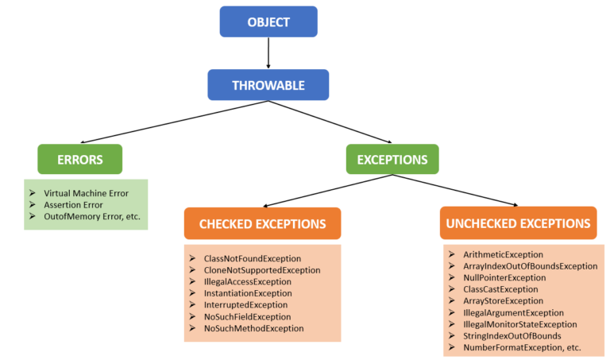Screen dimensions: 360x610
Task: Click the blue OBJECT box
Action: pos(268,21)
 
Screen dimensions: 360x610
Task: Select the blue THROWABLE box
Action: pos(268,85)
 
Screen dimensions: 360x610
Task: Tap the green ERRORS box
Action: pos(79,159)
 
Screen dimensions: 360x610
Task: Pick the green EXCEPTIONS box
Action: pos(392,159)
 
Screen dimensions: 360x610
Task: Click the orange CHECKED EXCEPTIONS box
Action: pos(262,224)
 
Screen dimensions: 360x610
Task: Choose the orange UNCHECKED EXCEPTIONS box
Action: pos(518,224)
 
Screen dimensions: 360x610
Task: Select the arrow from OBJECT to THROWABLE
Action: pos(268,53)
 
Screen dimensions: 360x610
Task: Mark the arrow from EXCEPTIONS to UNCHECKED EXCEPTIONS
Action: pos(457,191)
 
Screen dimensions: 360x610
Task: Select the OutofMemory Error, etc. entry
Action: pos(95,216)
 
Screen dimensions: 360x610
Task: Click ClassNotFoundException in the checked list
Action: pos(253,258)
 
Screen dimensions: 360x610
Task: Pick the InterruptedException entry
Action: pos(245,304)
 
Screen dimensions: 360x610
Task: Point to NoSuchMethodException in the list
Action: pos(253,327)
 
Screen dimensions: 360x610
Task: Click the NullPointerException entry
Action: pos(504,278)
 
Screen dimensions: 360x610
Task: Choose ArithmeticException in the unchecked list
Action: pos(504,254)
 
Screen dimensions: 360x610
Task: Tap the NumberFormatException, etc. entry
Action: pos(522,347)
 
